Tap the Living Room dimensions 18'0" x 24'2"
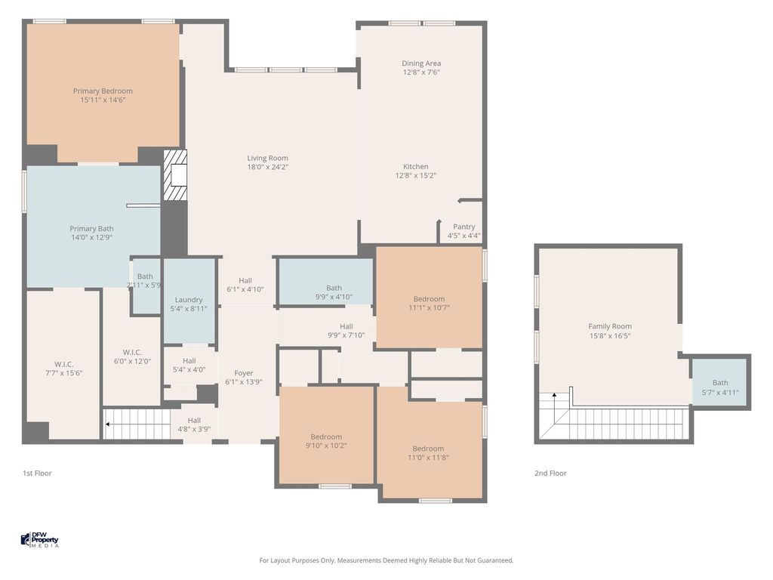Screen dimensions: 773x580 pos(268,167)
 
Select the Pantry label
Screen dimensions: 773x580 pos(464,227)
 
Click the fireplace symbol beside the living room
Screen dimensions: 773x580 pos(175,175)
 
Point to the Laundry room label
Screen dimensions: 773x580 pos(189,300)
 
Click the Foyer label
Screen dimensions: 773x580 pos(244,373)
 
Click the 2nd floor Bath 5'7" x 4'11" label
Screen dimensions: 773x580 pos(720,387)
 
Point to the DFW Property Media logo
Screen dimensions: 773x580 pos(40,539)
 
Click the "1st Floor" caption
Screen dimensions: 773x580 pos(37,473)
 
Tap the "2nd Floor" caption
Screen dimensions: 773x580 pos(550,473)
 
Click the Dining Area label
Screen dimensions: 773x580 pos(421,63)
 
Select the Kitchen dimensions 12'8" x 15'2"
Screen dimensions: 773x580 pos(416,175)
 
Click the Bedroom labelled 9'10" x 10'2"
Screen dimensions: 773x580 pos(326,441)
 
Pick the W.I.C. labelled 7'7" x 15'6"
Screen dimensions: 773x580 pos(63,369)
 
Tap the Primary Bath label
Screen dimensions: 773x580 pos(91,228)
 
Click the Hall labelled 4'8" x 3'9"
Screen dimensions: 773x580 pos(194,424)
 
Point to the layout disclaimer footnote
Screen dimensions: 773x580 pos(386,560)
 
